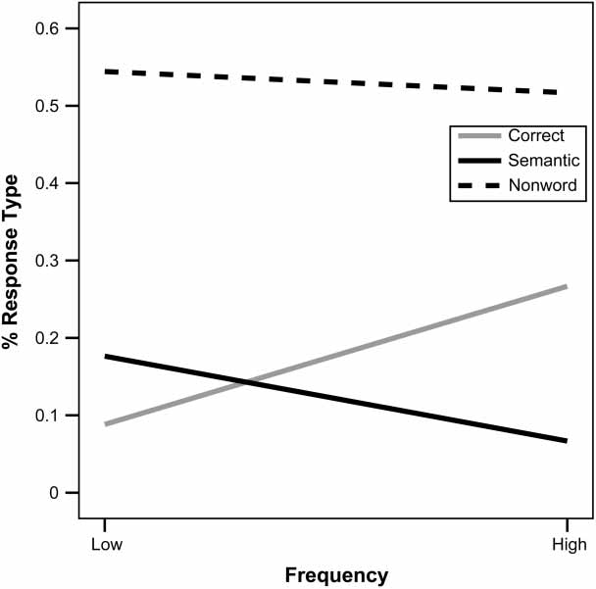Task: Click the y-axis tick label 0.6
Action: coord(49,28)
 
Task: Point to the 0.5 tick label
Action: coord(49,106)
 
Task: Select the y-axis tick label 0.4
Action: coord(49,183)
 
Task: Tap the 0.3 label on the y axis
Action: coord(49,261)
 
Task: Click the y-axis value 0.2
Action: coord(49,338)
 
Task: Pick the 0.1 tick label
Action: coord(49,416)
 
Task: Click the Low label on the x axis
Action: coord(104,544)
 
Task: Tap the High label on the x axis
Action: coord(568,544)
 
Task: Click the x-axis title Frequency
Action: coord(336,575)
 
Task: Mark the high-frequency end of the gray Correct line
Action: coord(567,286)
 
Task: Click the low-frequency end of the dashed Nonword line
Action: coord(105,72)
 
